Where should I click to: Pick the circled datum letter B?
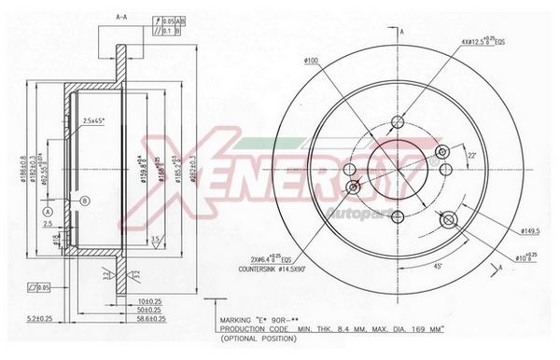click(85, 201)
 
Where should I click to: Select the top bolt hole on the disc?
click(397, 121)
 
